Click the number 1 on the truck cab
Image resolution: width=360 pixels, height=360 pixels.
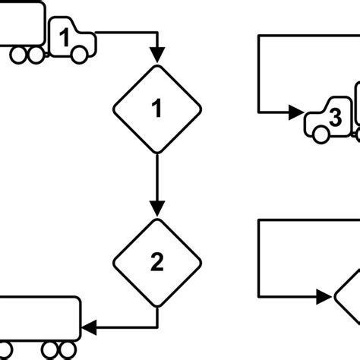[66, 36]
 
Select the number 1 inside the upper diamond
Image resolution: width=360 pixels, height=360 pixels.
[157, 110]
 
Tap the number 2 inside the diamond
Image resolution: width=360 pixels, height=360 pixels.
[157, 263]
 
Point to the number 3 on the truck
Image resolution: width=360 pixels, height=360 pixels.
[335, 118]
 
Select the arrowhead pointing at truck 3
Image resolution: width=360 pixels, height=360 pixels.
[297, 113]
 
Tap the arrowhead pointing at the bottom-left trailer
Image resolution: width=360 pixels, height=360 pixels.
[89, 328]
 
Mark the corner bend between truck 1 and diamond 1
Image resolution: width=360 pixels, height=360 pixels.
[157, 33]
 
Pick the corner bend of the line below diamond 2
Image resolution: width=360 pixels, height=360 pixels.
[157, 328]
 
